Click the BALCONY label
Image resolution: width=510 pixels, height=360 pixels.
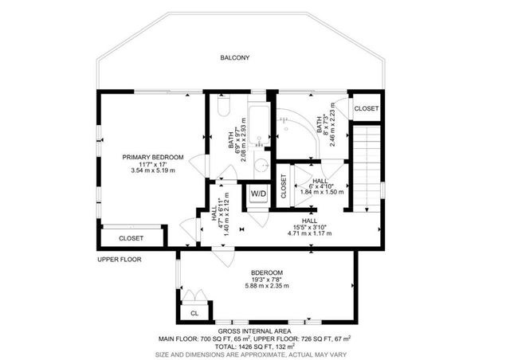(235, 57)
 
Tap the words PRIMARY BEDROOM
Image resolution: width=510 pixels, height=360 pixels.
(153, 157)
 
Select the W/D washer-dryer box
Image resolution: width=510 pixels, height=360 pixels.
(259, 194)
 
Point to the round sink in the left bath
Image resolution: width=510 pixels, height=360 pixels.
(261, 166)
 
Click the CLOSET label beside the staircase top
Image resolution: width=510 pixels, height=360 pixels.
(367, 108)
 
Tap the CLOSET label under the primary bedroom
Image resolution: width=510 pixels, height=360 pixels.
(131, 238)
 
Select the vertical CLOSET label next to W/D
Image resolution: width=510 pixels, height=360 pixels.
(283, 186)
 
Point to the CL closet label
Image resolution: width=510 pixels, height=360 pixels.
(194, 314)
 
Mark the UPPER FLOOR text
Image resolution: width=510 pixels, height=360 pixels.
(120, 260)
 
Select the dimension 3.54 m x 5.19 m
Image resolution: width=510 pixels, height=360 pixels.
(153, 170)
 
